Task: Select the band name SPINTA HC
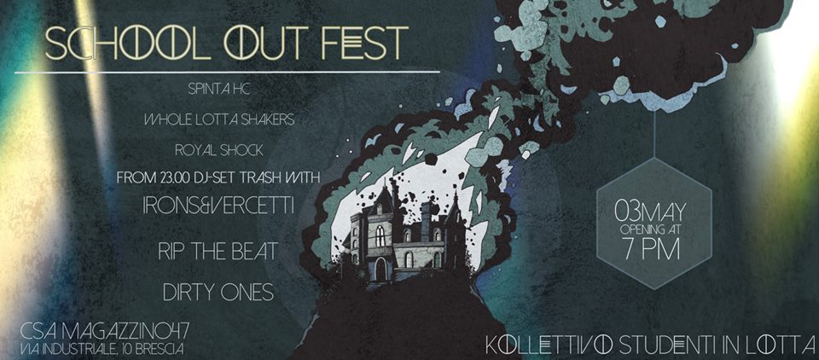coord(219,90)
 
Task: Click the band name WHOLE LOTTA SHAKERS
coord(219,120)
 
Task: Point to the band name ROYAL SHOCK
coord(219,151)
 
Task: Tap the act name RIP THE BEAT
coord(218,252)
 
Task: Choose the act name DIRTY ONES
coord(218,293)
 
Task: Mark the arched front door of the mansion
coord(380,269)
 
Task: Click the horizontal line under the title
coord(227,72)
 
